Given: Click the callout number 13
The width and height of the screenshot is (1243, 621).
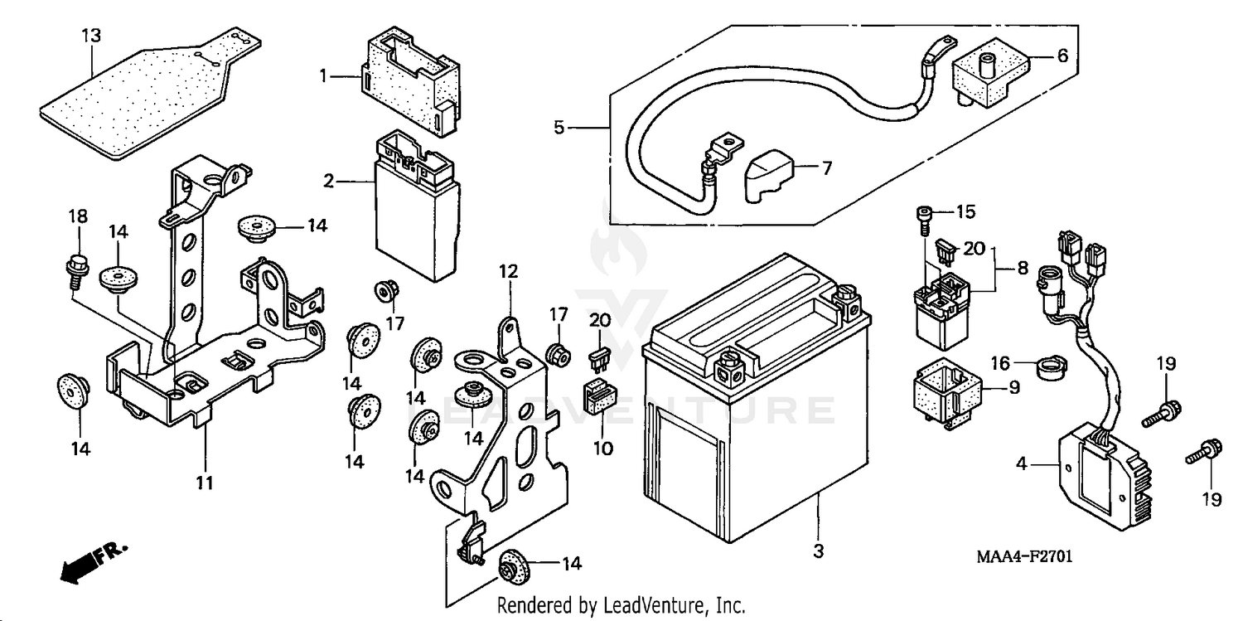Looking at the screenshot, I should [90, 36].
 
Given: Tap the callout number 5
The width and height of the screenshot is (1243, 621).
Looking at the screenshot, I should [559, 128].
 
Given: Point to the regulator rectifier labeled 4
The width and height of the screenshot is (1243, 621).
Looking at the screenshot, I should [1094, 472].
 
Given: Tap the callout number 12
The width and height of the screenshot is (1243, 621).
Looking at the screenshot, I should [508, 271].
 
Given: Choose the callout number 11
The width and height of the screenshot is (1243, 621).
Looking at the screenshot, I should [205, 482].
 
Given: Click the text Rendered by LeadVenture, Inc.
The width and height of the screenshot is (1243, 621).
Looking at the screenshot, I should [621, 605].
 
